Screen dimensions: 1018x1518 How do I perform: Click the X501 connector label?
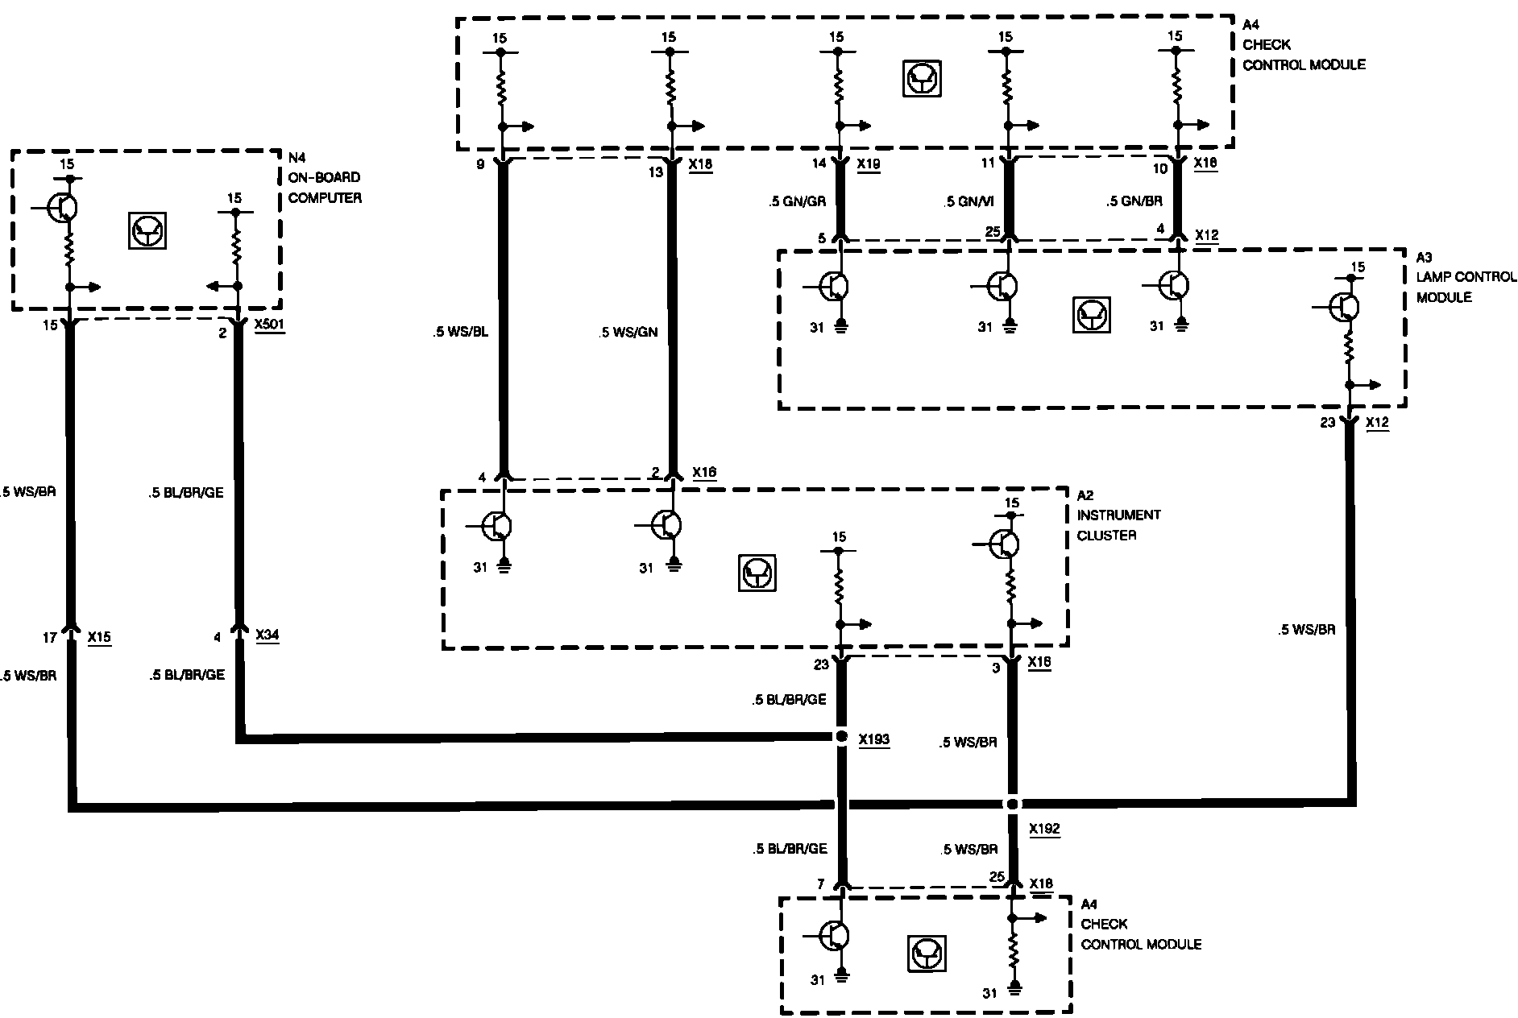point(269,327)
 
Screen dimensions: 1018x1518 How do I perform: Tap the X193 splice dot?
point(841,737)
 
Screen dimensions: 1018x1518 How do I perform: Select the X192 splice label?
point(1043,829)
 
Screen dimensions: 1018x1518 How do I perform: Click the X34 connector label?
point(268,635)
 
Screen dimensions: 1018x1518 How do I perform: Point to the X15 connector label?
point(99,637)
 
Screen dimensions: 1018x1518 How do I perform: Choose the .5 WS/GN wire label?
point(628,331)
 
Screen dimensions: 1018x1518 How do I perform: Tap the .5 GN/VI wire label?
point(969,202)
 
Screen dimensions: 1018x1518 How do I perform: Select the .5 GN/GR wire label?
point(796,202)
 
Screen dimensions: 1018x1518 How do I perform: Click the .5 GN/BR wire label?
point(1134,202)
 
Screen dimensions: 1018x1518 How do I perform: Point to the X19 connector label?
point(869,164)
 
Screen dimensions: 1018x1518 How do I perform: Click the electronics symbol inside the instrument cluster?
point(757,573)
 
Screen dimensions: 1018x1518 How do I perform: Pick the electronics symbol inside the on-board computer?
point(147,230)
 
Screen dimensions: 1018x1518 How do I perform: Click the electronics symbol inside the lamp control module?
point(1092,314)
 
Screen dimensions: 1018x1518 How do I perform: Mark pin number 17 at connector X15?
point(49,637)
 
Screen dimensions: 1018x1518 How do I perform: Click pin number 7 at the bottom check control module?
point(821,884)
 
